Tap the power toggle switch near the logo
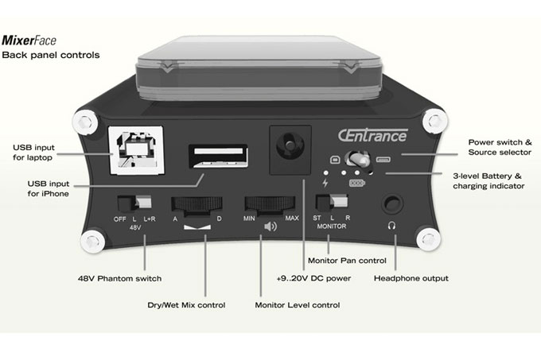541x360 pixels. click(360, 159)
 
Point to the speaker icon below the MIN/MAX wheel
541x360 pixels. click(270, 226)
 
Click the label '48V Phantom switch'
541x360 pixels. click(119, 279)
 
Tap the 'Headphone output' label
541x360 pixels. click(412, 279)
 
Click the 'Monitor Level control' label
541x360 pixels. click(298, 305)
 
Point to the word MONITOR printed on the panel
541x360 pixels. click(338, 226)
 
